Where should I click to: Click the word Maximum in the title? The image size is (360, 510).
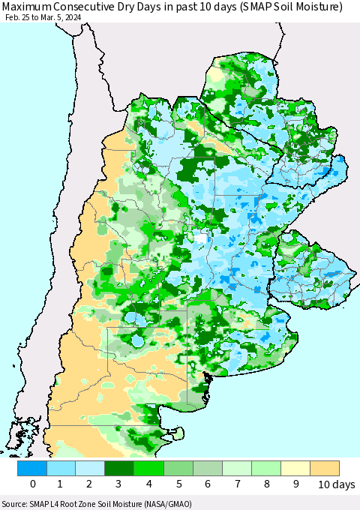point(28,7)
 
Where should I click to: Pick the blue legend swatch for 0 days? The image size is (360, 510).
point(32,468)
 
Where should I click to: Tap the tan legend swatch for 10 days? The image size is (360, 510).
point(325,468)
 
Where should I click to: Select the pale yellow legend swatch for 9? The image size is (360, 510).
point(295,468)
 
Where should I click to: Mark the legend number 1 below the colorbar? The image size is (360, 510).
point(61,484)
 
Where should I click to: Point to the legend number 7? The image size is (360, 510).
point(237,484)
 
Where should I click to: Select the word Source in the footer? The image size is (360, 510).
point(16,503)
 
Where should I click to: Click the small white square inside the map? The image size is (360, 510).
point(200,238)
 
